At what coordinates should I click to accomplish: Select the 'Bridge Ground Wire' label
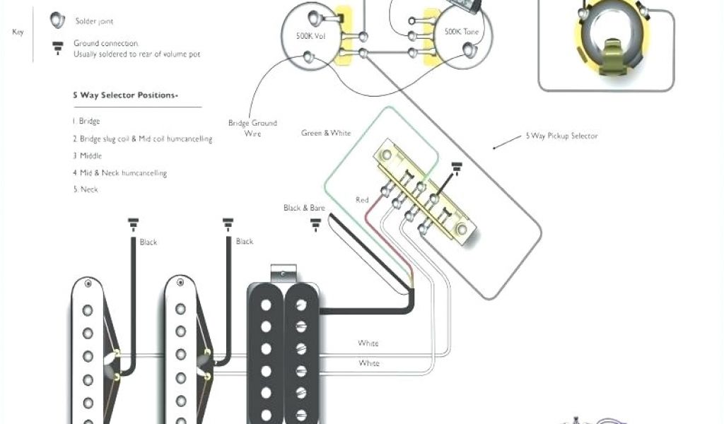(252, 128)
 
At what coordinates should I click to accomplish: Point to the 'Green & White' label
(325, 133)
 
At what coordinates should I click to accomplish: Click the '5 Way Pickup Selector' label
(561, 136)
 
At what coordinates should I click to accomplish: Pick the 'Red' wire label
(362, 200)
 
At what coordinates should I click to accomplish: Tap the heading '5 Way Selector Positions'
(125, 95)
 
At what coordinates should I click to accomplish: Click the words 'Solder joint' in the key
(93, 22)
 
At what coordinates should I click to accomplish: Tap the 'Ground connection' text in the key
(105, 44)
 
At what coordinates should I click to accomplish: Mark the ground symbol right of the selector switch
(456, 168)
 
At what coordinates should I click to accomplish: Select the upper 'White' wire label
(368, 343)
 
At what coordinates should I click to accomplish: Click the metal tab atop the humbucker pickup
(284, 272)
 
